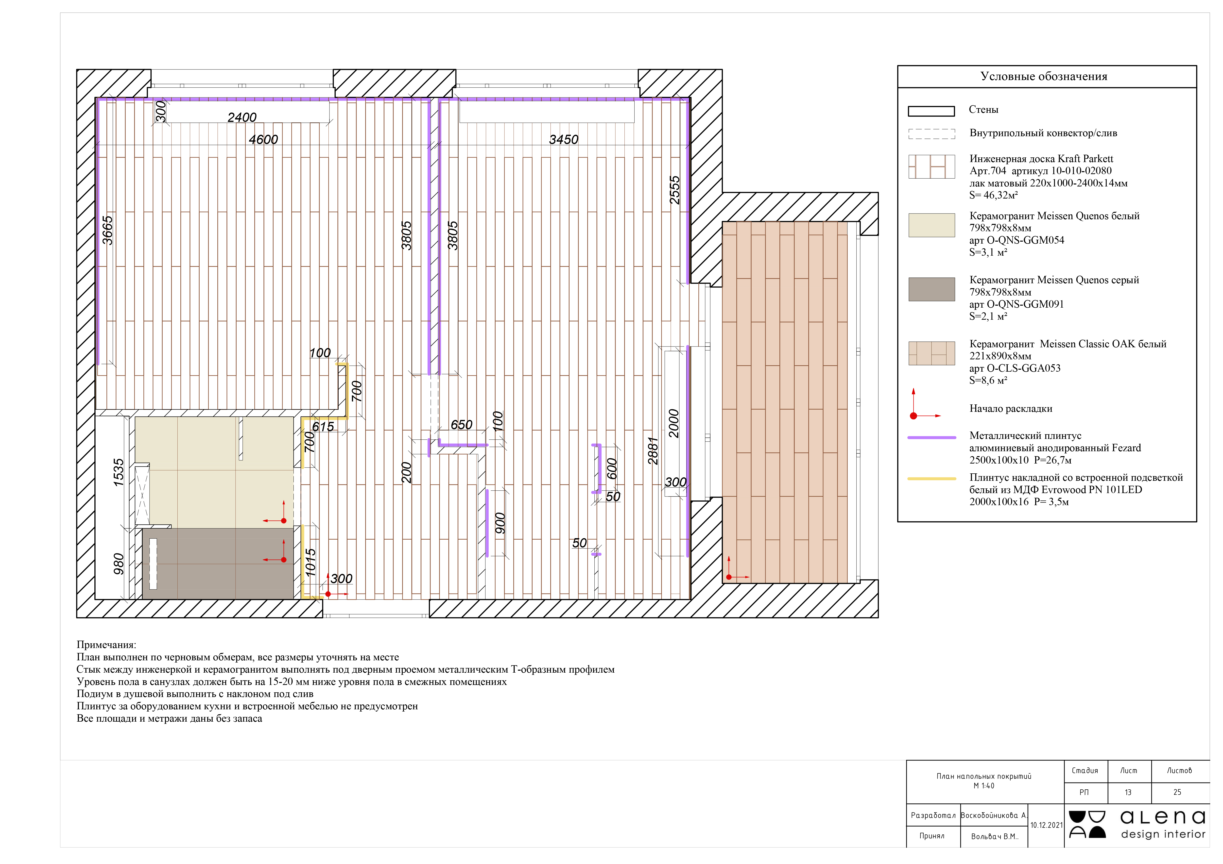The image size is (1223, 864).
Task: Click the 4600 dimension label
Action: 263,139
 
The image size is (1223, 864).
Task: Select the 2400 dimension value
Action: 242,117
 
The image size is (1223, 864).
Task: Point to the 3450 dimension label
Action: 564,139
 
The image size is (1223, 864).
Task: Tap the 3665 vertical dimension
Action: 108,230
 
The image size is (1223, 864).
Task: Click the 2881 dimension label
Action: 653,451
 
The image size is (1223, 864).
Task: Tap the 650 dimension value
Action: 461,425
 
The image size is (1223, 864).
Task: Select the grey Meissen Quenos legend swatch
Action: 932,289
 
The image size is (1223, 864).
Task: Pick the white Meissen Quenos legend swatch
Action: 932,225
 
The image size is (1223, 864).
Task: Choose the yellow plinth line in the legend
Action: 932,479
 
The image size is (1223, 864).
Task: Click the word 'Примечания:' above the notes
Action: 106,645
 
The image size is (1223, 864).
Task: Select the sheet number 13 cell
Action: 1128,792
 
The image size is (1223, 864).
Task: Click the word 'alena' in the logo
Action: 1163,817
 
